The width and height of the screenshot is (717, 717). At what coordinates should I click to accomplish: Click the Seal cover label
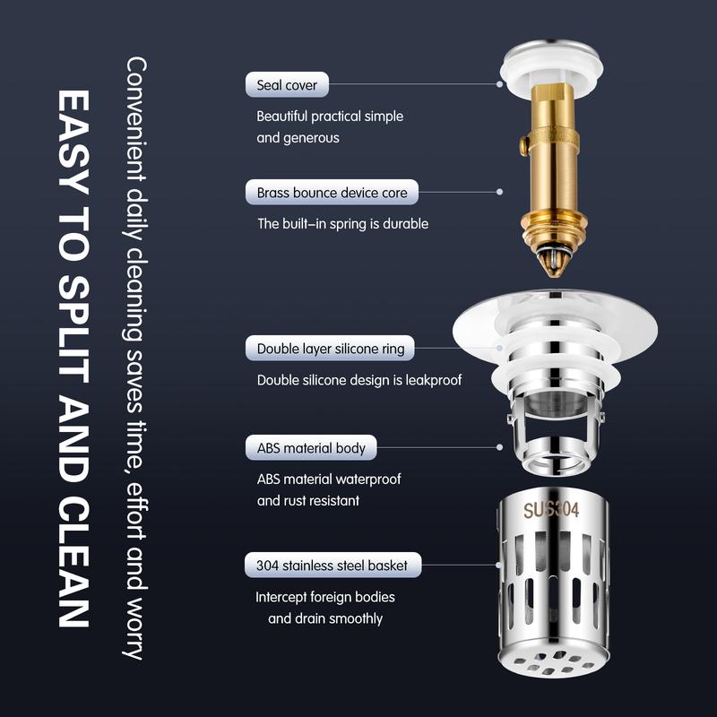287,85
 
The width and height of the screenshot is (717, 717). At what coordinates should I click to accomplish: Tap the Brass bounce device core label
332,192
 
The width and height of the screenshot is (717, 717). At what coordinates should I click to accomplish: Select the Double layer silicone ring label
330,349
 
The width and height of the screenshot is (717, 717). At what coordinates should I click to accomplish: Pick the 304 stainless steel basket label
332,565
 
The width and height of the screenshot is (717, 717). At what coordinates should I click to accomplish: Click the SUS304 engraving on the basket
551,510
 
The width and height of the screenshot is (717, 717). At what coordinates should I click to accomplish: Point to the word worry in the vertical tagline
136,627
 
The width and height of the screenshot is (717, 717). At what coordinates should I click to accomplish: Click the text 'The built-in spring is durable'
342,223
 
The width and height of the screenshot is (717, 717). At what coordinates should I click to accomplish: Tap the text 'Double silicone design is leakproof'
358,380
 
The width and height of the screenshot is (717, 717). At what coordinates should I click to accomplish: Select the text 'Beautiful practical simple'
329,117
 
